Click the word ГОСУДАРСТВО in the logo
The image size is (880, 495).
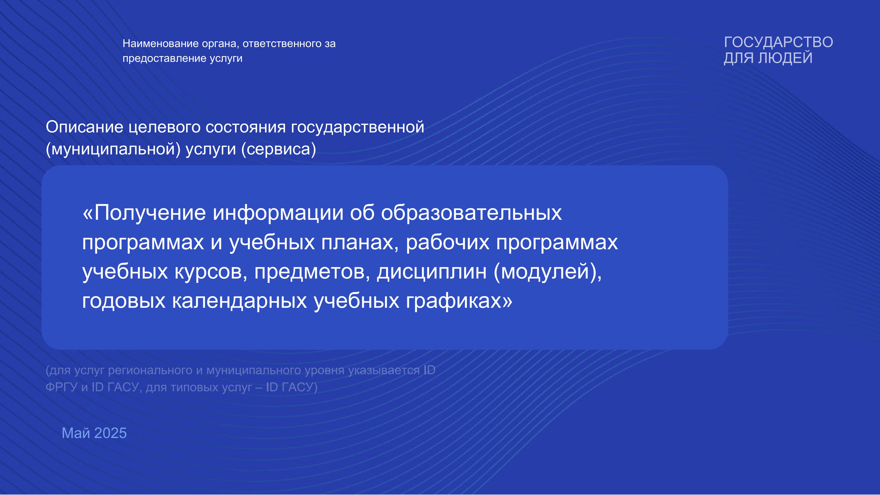[x=779, y=42]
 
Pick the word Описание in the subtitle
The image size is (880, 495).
[x=84, y=127]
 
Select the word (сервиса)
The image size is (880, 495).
[x=279, y=149]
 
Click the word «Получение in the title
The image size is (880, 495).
[x=144, y=213]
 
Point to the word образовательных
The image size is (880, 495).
[x=471, y=213]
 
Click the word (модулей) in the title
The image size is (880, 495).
[x=548, y=272]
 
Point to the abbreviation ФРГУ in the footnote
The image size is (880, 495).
[x=62, y=387]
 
